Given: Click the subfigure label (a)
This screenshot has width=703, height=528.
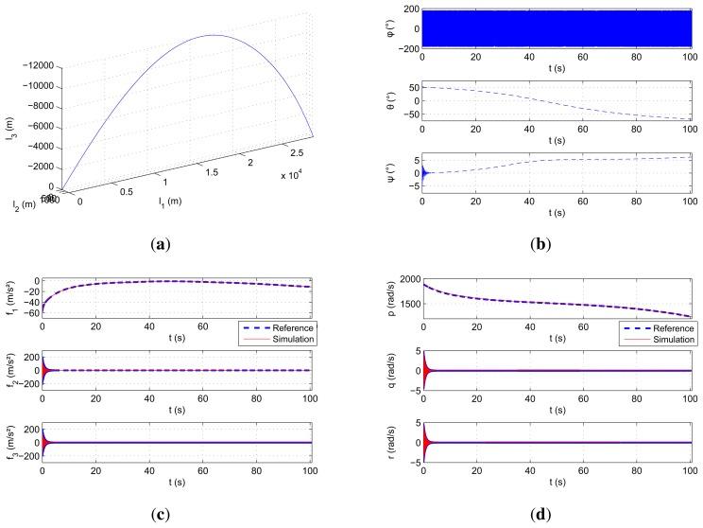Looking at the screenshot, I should pyautogui.click(x=175, y=243).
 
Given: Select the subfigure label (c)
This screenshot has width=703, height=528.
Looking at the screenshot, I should pyautogui.click(x=175, y=518).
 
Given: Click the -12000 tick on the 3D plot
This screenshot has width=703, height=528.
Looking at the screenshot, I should pyautogui.click(x=43, y=68).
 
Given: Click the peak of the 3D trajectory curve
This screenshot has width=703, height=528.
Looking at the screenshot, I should pyautogui.click(x=214, y=36).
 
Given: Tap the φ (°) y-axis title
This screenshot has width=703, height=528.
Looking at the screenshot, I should pyautogui.click(x=389, y=27).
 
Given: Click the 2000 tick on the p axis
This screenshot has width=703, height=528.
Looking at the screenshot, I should pyautogui.click(x=407, y=280).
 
